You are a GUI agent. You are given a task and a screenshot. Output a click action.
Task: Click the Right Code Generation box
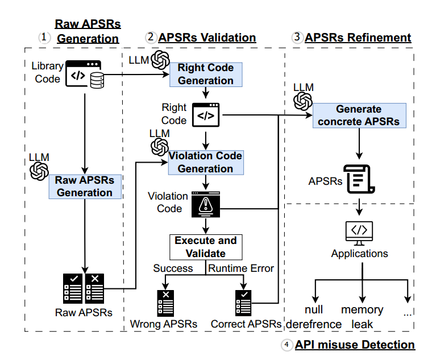(x=206, y=75)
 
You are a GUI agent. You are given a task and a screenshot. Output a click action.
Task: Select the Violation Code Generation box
(x=206, y=162)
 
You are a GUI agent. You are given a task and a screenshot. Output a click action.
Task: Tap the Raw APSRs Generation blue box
(x=85, y=187)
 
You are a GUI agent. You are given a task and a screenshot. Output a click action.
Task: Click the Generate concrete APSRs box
(x=359, y=115)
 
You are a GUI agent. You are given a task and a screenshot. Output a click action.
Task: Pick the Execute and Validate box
(x=206, y=247)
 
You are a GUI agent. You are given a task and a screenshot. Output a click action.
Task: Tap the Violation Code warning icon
(x=205, y=203)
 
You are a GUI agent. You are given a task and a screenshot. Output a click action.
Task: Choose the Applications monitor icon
(x=359, y=232)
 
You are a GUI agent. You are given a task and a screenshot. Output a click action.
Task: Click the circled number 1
(x=44, y=38)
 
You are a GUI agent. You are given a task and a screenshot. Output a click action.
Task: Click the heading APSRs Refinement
(x=358, y=38)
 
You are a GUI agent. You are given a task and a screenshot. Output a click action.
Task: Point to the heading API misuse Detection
(x=355, y=345)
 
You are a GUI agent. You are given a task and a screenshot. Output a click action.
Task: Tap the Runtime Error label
(x=242, y=268)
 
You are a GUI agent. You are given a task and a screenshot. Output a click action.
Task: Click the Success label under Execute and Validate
(x=174, y=268)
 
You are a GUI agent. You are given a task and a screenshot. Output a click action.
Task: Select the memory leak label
(x=362, y=317)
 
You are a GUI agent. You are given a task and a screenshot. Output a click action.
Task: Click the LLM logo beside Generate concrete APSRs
(x=302, y=101)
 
